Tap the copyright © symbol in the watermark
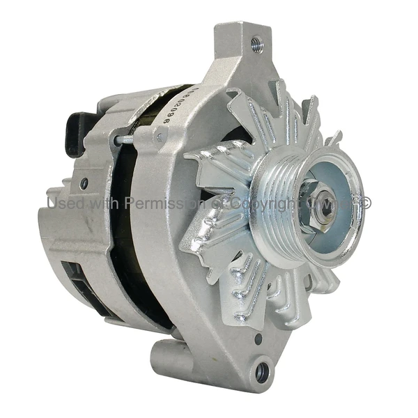pyautogui.click(x=365, y=203)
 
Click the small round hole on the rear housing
pyautogui.click(x=84, y=185)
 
